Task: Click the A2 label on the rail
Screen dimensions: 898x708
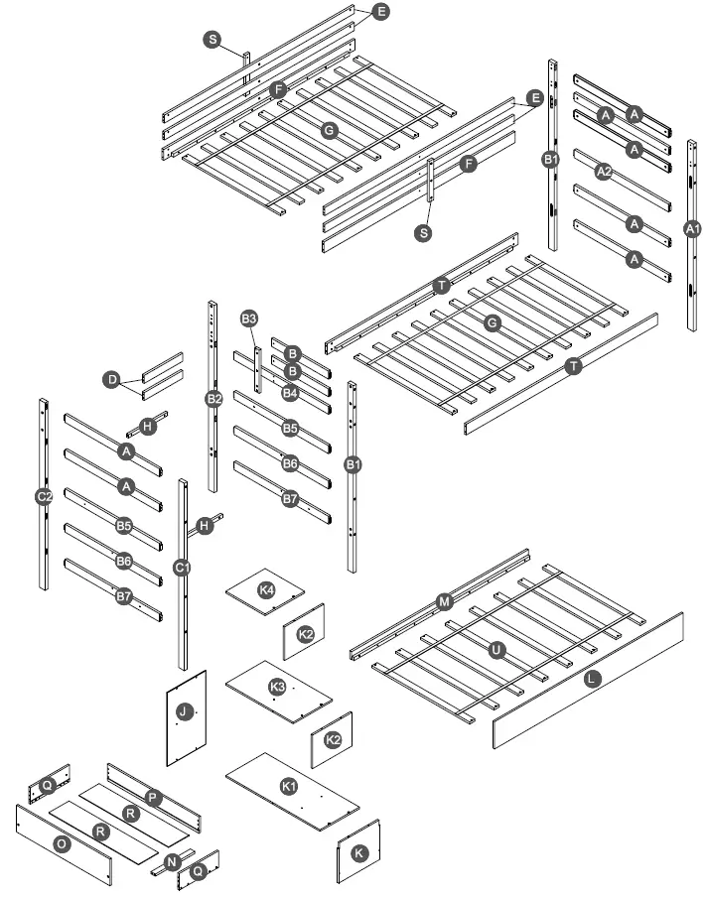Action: tap(602, 172)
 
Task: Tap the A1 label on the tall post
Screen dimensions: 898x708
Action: tap(693, 228)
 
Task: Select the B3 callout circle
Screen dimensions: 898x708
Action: tap(249, 319)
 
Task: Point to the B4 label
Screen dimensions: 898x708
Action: tap(290, 393)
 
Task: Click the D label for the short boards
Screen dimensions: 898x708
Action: tap(112, 379)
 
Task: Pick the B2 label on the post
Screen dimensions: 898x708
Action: tap(213, 399)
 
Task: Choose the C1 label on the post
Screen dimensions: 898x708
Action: tap(182, 567)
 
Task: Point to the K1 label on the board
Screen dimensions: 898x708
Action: tap(289, 786)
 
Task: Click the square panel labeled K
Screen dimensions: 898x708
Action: tap(358, 852)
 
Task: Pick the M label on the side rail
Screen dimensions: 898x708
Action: tap(444, 601)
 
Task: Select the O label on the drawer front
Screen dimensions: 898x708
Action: tap(62, 844)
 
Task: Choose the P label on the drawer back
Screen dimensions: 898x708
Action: tap(152, 797)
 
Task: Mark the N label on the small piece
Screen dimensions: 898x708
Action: tap(172, 861)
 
